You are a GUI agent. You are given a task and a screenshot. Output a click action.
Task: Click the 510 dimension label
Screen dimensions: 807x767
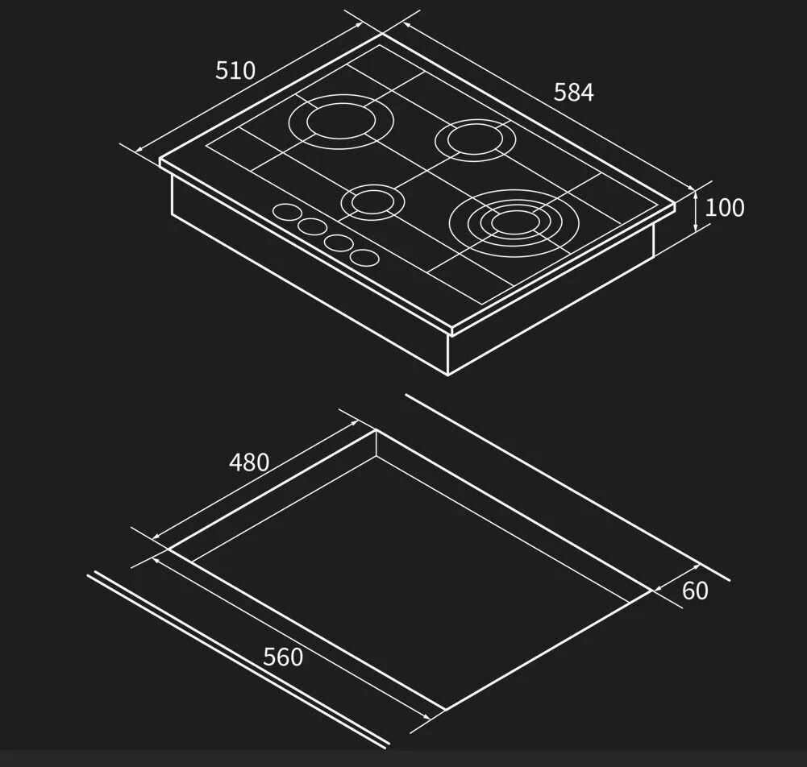point(235,70)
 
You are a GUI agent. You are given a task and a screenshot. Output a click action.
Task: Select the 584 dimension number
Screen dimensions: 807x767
point(574,92)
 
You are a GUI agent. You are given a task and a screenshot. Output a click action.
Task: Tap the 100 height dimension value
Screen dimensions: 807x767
point(724,207)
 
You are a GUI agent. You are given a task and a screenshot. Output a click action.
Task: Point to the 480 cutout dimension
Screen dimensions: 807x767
point(249,462)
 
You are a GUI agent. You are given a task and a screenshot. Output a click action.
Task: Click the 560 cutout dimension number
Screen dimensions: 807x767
point(283,657)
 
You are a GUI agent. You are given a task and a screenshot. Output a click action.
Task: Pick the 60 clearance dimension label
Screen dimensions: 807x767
point(695,591)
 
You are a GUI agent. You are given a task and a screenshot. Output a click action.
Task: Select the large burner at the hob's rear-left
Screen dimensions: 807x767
point(341,122)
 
